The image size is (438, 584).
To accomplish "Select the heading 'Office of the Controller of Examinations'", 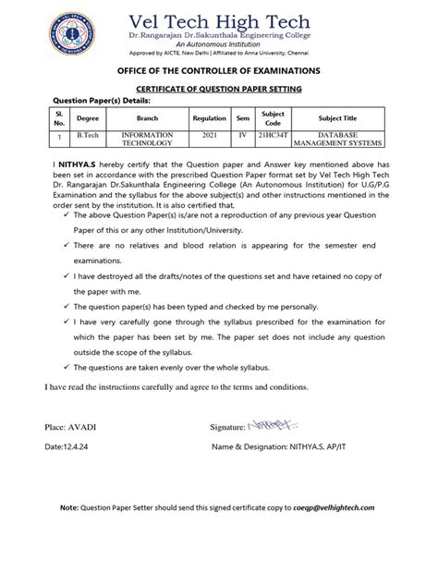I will pos(219,71).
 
